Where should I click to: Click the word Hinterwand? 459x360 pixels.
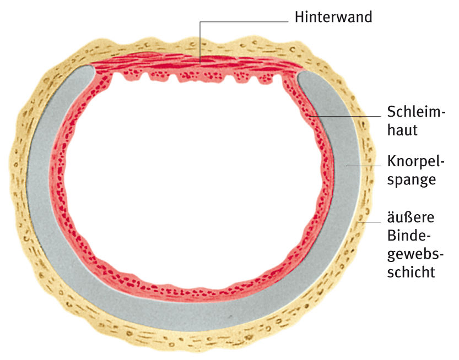tap(333, 17)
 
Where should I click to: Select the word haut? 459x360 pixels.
tap(403, 131)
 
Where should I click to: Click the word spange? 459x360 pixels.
tap(412, 179)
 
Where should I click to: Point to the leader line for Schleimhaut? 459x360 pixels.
tap(347, 116)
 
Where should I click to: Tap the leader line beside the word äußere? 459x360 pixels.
tap(369, 221)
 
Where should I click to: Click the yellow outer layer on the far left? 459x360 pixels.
tap(18, 182)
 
